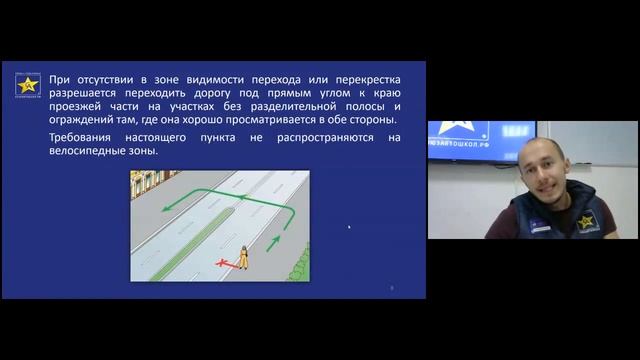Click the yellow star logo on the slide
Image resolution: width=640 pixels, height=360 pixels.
tap(27, 84)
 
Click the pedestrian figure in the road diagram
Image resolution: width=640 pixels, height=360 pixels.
tap(243, 257)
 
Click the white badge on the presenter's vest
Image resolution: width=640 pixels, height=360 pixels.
tap(539, 226)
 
